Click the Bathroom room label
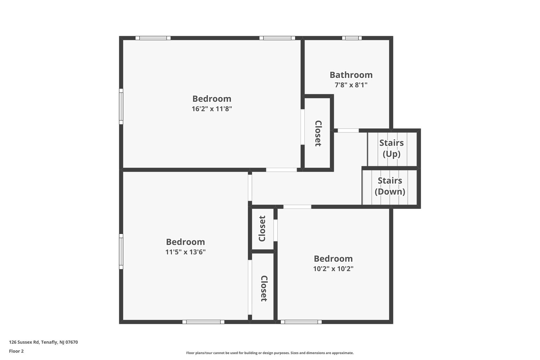point(351,75)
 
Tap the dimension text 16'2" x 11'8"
point(212,109)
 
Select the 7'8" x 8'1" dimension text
point(351,85)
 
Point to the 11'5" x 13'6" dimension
point(185,252)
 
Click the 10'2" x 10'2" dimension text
point(333,269)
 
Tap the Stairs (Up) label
point(391,148)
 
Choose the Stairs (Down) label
point(390,186)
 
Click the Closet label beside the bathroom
point(318,133)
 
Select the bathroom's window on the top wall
point(352,38)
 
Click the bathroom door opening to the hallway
point(348,131)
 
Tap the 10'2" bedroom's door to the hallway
point(297,207)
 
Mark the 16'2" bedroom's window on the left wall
point(121,106)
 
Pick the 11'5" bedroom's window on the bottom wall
point(203,322)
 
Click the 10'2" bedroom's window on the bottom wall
point(301,322)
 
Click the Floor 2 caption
point(16,351)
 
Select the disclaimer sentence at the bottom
point(270,353)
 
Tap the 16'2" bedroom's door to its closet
point(302,127)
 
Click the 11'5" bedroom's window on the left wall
point(121,251)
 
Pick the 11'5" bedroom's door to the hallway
point(250,188)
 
